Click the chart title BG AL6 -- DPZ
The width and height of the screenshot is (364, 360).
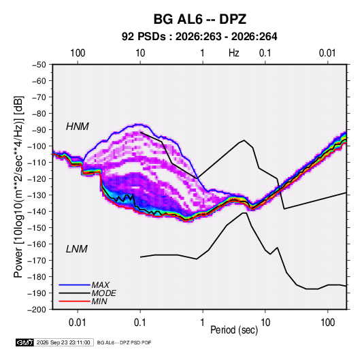coord(200,19)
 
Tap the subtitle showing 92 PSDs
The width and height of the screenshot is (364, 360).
coord(199,37)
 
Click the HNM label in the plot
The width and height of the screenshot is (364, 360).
coord(78,127)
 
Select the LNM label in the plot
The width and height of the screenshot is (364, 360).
coord(77,249)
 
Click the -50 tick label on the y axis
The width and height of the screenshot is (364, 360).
coord(39,65)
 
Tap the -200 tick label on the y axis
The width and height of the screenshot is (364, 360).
coord(37,310)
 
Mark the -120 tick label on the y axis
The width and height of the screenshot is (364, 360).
coord(37,179)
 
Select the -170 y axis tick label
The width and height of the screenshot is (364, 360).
coord(37,261)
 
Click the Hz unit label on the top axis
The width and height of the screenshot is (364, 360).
coord(234,53)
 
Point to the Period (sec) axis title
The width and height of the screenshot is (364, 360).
coord(234,330)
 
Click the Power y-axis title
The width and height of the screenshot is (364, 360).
coord(18,187)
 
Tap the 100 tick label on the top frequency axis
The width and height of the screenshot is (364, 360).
coord(78,53)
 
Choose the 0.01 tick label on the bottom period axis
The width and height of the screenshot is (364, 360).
coord(78,323)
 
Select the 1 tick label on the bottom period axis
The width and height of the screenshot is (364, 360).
coord(203,323)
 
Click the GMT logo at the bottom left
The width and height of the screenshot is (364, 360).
coord(25,342)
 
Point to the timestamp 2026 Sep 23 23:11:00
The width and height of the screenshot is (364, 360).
coord(63,342)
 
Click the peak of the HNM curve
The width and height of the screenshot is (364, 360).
coord(244,140)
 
